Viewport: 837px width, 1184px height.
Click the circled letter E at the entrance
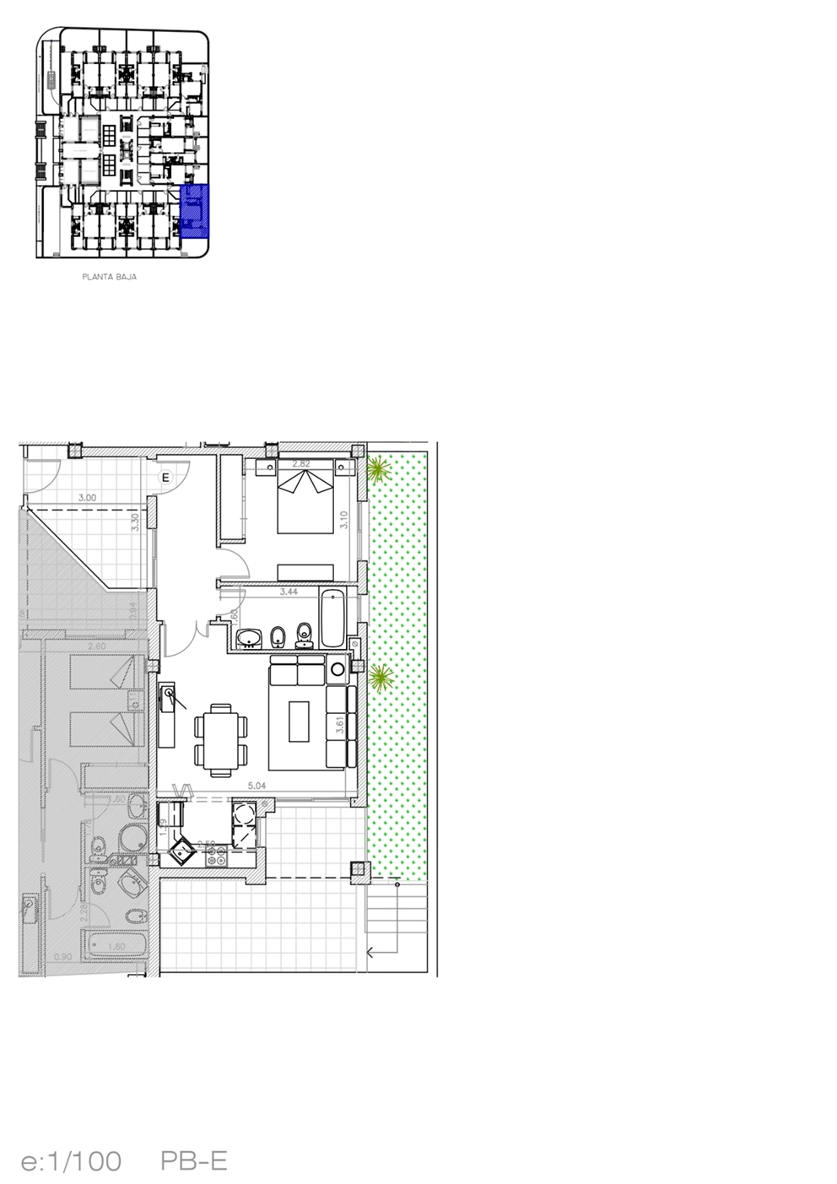click(166, 477)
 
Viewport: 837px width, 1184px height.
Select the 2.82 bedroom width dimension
click(301, 463)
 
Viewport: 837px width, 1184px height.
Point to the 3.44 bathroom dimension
click(289, 592)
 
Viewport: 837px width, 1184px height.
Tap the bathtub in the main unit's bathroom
click(332, 618)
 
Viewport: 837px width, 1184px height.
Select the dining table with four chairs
click(221, 739)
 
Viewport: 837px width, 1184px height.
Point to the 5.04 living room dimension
click(257, 786)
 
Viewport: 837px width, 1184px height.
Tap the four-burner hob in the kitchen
click(213, 855)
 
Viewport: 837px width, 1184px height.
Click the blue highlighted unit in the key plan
click(195, 211)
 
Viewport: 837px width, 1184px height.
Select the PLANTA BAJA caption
click(110, 276)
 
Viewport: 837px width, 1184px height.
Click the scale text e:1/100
click(71, 1162)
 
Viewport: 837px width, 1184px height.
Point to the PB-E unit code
click(194, 1162)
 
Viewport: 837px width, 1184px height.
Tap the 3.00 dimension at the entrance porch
click(86, 498)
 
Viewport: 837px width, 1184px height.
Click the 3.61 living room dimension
click(339, 725)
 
